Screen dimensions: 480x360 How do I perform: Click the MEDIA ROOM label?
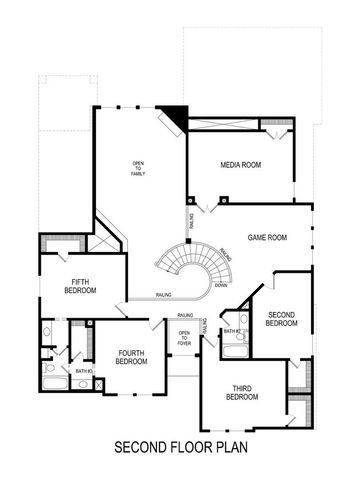(x=240, y=165)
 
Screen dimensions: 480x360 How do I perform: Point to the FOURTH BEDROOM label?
(x=131, y=357)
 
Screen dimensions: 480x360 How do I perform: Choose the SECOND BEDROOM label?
(x=281, y=319)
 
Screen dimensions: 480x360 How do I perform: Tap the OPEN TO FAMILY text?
(x=139, y=169)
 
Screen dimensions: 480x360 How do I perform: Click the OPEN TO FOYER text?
(x=184, y=338)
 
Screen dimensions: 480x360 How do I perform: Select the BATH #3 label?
(x=84, y=372)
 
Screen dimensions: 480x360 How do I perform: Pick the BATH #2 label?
(x=231, y=331)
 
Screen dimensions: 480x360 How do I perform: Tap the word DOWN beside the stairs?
(x=220, y=284)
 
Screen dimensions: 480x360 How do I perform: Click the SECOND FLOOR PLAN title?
(x=180, y=447)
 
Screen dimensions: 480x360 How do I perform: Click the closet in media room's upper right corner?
(x=274, y=128)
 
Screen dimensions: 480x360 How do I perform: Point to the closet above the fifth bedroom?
(x=51, y=246)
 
